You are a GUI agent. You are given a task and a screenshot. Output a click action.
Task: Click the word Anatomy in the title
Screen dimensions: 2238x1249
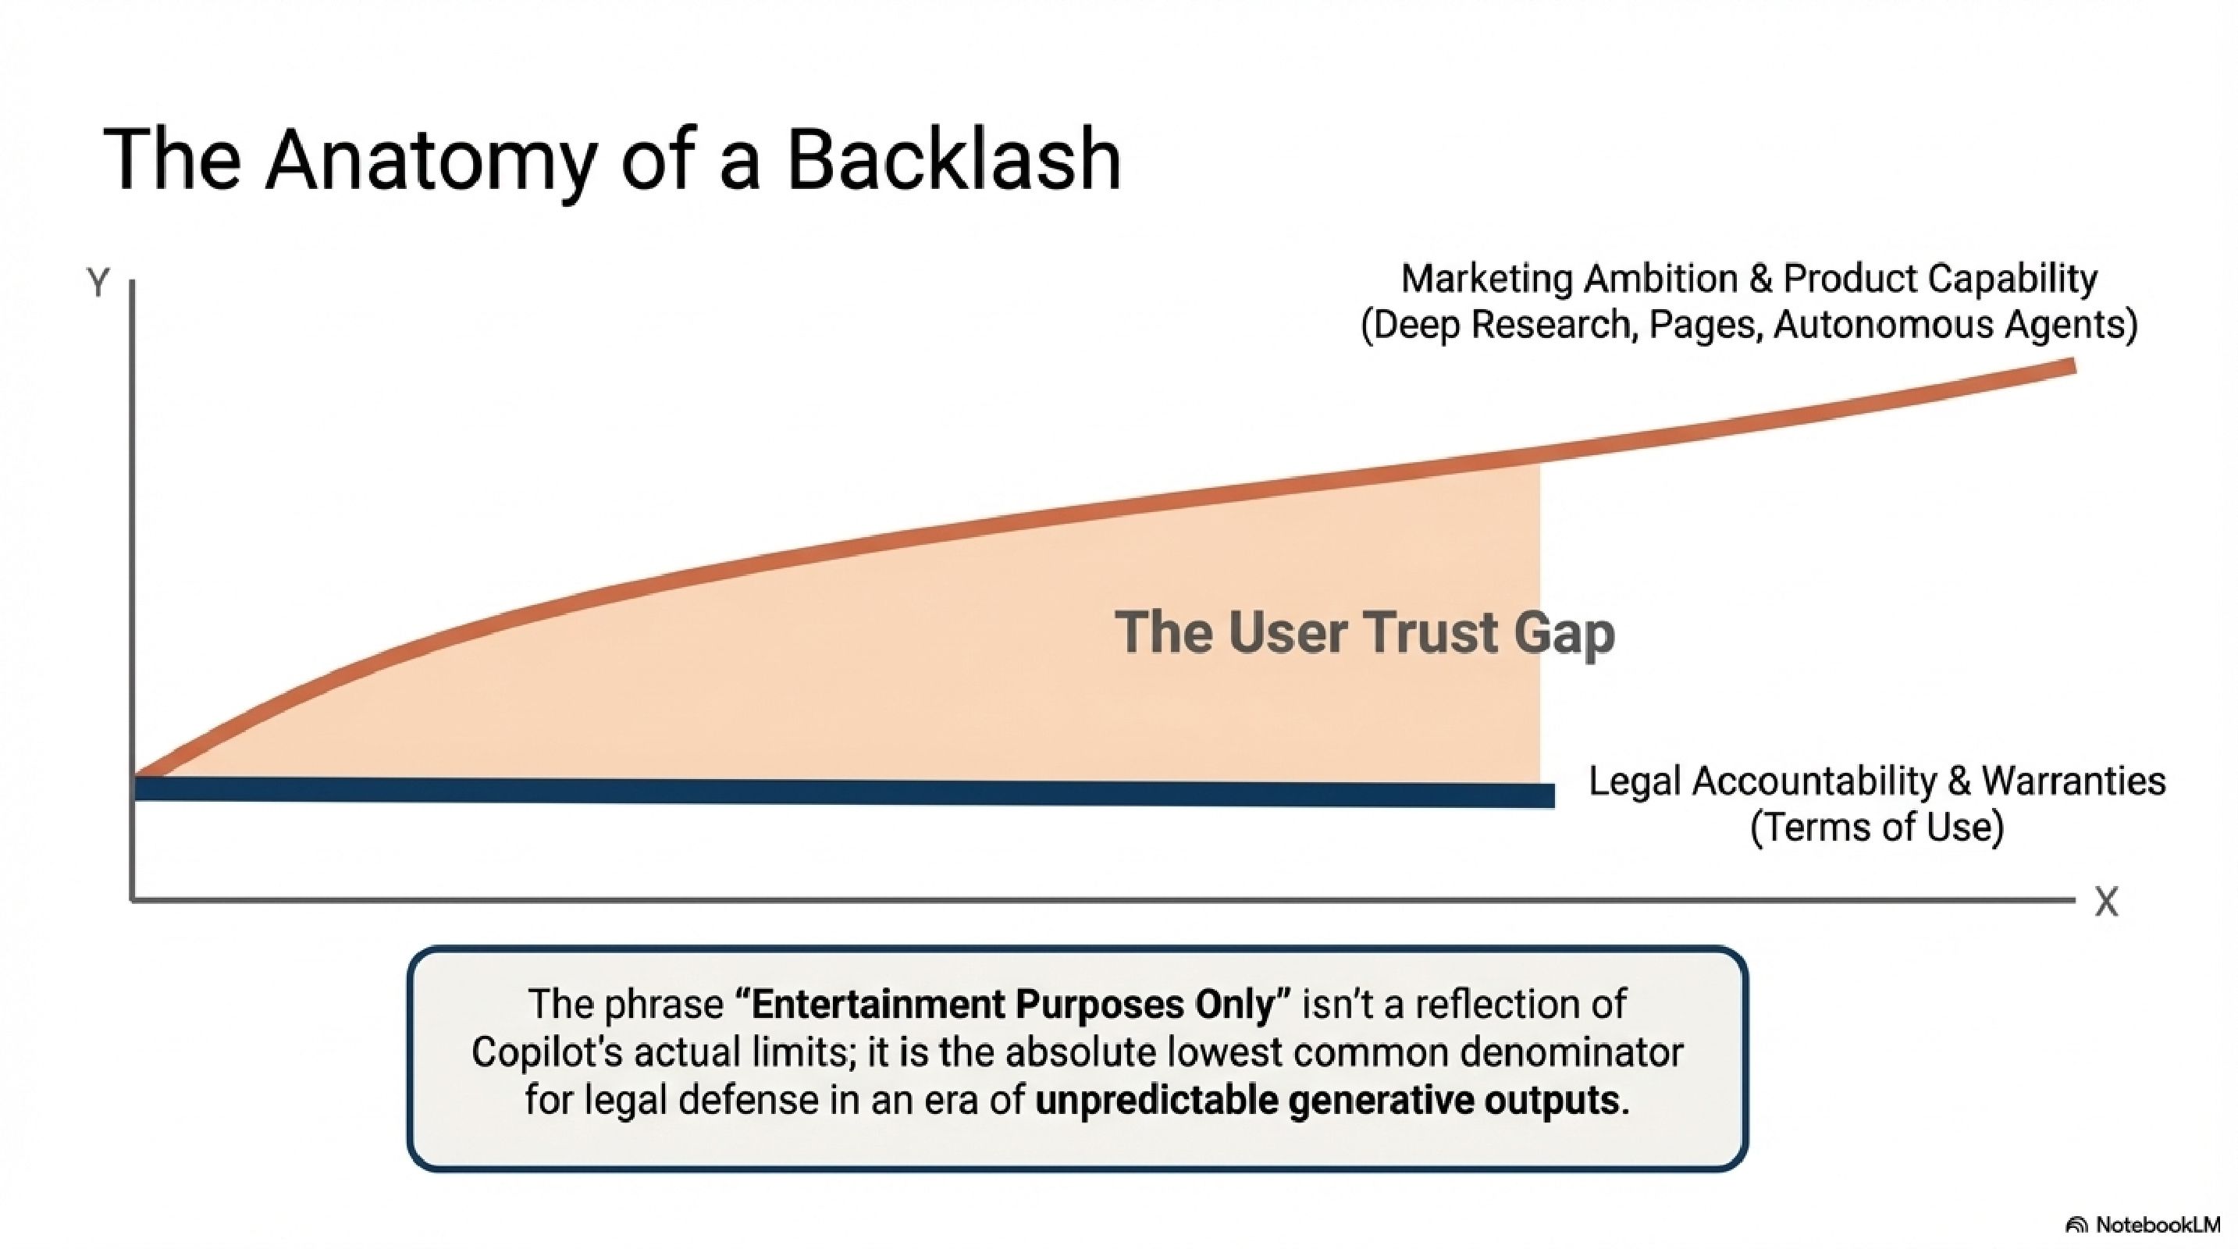(x=431, y=162)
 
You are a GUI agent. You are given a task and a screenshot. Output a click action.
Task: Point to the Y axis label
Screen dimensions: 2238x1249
(x=98, y=283)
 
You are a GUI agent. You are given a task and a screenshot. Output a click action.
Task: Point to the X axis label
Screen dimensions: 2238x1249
(x=2105, y=902)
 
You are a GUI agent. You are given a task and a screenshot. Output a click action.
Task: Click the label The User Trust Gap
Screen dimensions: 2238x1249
(x=1364, y=632)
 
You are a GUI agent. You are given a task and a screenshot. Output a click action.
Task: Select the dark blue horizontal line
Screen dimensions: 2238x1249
(x=843, y=792)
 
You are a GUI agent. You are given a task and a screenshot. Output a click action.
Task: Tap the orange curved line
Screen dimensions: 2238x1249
(x=955, y=528)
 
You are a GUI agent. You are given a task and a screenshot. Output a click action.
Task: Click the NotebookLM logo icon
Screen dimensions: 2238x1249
(x=2076, y=1226)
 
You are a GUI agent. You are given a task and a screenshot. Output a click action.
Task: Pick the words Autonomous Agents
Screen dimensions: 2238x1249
(x=1955, y=326)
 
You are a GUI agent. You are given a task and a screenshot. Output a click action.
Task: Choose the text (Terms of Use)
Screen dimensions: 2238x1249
(x=1877, y=827)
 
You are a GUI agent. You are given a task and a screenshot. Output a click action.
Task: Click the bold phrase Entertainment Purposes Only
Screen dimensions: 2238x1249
(x=1012, y=1005)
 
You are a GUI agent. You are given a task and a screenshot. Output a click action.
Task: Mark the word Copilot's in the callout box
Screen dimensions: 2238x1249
(x=547, y=1053)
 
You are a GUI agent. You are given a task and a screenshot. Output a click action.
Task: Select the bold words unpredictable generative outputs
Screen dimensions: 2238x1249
(x=1332, y=1101)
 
